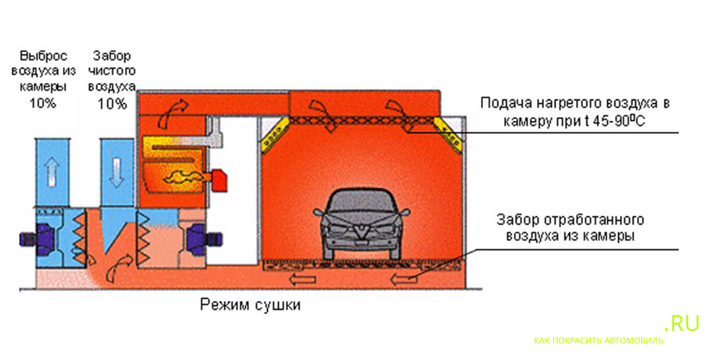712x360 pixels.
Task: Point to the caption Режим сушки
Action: point(250,305)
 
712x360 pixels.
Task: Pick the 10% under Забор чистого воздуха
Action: point(112,103)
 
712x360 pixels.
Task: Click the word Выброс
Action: point(44,57)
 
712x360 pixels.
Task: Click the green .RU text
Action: point(682,323)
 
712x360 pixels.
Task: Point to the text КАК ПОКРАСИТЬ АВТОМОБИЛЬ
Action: point(598,341)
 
